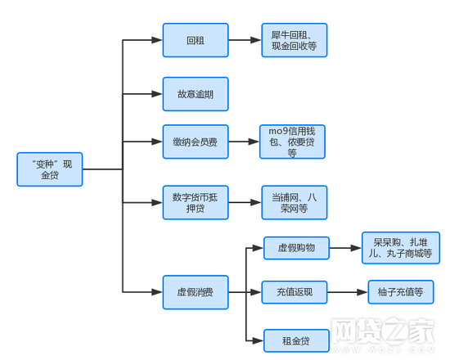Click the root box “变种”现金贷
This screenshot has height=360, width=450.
50,169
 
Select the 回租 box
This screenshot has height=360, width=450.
195,40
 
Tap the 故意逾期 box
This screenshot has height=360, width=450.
195,94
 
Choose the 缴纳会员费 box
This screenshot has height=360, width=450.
195,142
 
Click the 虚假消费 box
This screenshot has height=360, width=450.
195,292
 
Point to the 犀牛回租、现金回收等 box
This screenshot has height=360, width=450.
294,41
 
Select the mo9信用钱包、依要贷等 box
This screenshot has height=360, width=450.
292,142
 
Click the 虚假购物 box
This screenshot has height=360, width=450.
295,248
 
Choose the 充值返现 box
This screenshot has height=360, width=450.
294,292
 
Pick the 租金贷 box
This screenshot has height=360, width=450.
295,340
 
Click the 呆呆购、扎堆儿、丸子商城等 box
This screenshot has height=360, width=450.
400,248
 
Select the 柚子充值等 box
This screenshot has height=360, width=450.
400,292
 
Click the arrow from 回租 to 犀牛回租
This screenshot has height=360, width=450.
244,40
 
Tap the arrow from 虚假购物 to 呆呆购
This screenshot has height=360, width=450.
344,248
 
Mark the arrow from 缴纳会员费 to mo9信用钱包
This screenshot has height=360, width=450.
243,142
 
